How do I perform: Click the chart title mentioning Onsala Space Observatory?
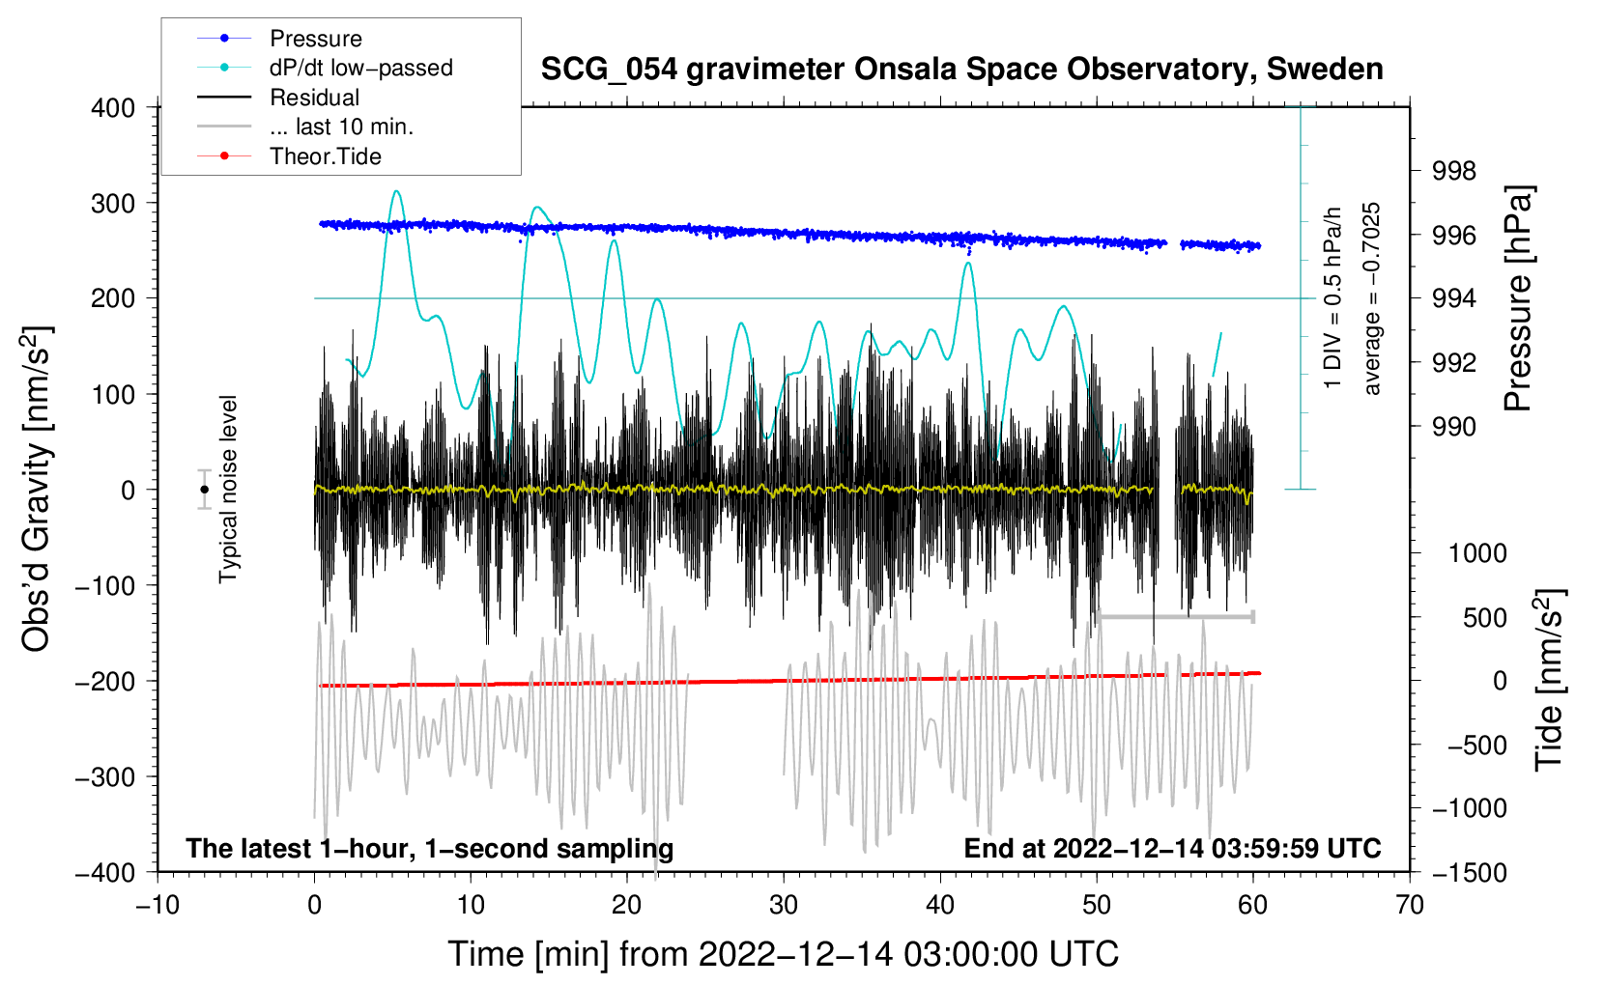pyautogui.click(x=961, y=70)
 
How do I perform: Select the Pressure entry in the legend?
pyautogui.click(x=315, y=39)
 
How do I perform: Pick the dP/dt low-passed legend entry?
pyautogui.click(x=360, y=68)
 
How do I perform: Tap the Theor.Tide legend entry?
pyautogui.click(x=325, y=156)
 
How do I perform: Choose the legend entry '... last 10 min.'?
pyautogui.click(x=341, y=127)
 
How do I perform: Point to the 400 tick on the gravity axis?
pyautogui.click(x=113, y=108)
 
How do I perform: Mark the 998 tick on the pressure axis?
pyautogui.click(x=1454, y=172)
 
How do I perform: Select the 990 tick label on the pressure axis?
pyautogui.click(x=1454, y=427)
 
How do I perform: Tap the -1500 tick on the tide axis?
pyautogui.click(x=1469, y=872)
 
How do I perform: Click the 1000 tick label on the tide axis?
pyautogui.click(x=1476, y=553)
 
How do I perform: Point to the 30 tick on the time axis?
pyautogui.click(x=784, y=905)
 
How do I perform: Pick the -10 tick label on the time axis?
pyautogui.click(x=158, y=905)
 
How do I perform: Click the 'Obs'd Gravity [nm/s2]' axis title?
pyautogui.click(x=38, y=490)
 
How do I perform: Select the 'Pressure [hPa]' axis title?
pyautogui.click(x=1518, y=299)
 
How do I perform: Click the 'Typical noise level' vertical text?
pyautogui.click(x=228, y=490)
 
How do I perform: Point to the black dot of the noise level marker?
pyautogui.click(x=204, y=490)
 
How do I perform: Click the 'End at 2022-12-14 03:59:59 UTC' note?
pyautogui.click(x=1172, y=849)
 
